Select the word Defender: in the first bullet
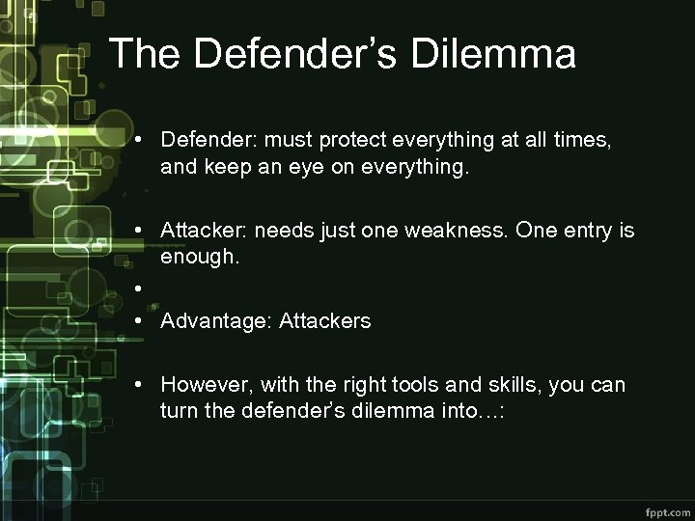pos(205,141)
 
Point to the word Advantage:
pos(216,321)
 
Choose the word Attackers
pos(324,321)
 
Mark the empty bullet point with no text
pos(140,288)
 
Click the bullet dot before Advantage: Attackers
pos(140,321)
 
